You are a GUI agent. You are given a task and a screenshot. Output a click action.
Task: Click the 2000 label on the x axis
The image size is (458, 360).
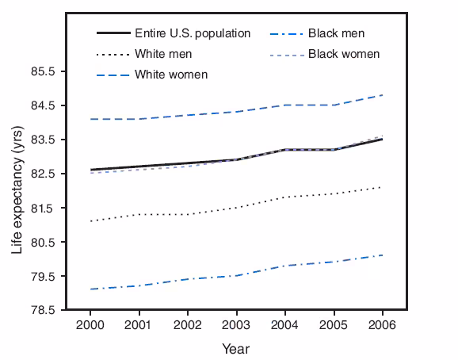[91, 325]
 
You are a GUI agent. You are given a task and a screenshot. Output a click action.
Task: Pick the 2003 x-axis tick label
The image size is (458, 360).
[236, 325]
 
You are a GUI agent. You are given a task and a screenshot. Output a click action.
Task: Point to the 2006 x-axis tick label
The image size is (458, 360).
[382, 325]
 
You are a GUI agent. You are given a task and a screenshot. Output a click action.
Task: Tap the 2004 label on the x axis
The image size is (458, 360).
[285, 325]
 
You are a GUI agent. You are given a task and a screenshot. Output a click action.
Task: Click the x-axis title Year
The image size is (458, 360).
[236, 348]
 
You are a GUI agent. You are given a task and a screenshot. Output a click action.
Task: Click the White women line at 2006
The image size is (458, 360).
[382, 95]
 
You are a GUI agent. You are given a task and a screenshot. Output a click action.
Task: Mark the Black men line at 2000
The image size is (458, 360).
[91, 289]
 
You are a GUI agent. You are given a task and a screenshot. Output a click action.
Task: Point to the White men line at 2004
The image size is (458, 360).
[285, 197]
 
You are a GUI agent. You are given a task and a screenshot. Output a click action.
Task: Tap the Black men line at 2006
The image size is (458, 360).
[382, 255]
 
